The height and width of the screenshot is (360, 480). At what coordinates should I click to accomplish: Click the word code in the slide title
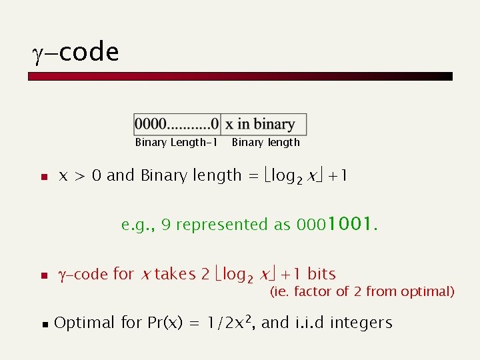tap(89, 52)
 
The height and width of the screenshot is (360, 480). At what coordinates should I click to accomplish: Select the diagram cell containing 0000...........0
tap(177, 124)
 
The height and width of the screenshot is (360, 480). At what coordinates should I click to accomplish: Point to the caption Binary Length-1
tap(177, 142)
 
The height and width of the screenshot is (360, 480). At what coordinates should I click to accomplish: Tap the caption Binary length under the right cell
tap(265, 142)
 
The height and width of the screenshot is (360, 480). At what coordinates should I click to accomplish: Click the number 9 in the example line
tap(166, 225)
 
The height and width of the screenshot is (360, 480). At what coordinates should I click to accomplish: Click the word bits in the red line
tap(321, 274)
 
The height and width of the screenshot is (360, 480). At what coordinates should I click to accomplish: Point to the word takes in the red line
tap(175, 274)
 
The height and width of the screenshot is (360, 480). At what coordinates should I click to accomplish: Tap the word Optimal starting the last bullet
tap(85, 323)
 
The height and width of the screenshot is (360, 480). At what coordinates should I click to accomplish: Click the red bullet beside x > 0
tap(42, 177)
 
